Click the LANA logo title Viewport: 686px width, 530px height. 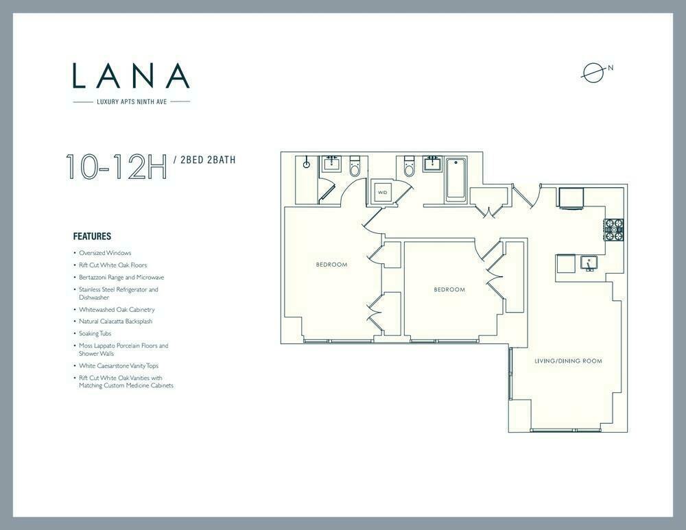(x=131, y=75)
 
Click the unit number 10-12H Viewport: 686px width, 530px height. (x=117, y=167)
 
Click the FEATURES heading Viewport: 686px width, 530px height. (x=92, y=236)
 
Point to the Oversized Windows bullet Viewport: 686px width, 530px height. (x=105, y=253)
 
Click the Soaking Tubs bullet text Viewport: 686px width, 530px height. (x=95, y=333)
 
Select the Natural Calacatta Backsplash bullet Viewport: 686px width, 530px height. (x=115, y=321)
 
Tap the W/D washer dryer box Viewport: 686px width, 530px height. (x=383, y=192)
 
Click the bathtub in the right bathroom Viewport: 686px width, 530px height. (x=457, y=180)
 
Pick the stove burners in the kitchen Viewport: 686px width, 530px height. (x=614, y=230)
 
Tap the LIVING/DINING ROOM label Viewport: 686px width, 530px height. (x=568, y=361)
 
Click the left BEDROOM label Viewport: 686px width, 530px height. (x=331, y=265)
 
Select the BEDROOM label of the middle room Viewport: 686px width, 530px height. (x=449, y=289)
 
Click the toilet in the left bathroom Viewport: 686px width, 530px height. (x=355, y=167)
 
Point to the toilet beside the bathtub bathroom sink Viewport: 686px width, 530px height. (x=409, y=166)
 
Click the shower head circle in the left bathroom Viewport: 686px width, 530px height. (x=307, y=165)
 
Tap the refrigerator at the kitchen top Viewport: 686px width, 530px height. (x=571, y=197)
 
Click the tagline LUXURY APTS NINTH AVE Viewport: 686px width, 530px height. (x=132, y=102)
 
